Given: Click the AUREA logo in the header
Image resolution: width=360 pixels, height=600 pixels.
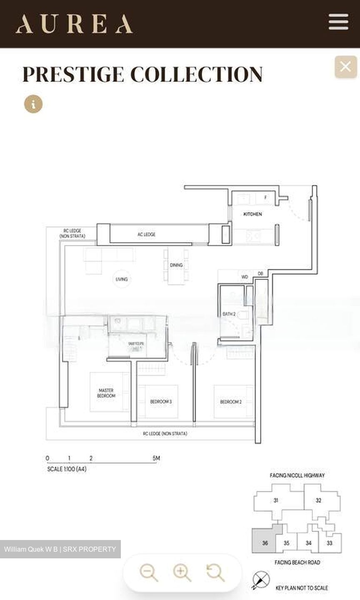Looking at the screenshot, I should [74, 24].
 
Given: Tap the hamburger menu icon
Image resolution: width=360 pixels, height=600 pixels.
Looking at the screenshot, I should [338, 22].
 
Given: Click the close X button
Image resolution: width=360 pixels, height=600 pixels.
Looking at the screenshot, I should [345, 67].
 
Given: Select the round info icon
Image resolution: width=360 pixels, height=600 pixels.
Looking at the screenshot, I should [33, 104].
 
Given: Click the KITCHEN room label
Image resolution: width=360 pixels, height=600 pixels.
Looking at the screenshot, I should [252, 214].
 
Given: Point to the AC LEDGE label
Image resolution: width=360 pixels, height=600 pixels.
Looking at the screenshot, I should [146, 235].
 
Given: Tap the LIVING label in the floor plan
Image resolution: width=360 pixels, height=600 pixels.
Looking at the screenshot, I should [122, 279].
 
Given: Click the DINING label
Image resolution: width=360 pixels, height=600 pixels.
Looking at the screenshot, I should [176, 265].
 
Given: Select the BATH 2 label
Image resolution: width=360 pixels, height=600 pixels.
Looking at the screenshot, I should [229, 314].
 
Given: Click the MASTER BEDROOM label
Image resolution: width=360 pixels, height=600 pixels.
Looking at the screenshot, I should [106, 393].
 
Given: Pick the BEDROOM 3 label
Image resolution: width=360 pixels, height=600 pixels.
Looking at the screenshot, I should [161, 402].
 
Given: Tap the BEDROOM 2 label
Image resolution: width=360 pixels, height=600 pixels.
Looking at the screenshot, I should [231, 402].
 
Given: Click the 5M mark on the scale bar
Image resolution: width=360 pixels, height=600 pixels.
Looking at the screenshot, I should [156, 458].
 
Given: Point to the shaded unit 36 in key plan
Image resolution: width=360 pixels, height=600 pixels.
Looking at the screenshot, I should [265, 543].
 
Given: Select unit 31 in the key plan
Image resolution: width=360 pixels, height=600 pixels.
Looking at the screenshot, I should [276, 500].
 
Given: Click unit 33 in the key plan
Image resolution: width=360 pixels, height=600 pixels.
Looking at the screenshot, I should [330, 543].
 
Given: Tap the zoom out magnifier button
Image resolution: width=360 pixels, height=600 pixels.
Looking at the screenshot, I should [148, 573].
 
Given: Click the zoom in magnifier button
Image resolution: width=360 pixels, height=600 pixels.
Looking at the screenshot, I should [182, 573].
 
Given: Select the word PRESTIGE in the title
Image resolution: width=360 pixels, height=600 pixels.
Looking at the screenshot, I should [73, 75].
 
